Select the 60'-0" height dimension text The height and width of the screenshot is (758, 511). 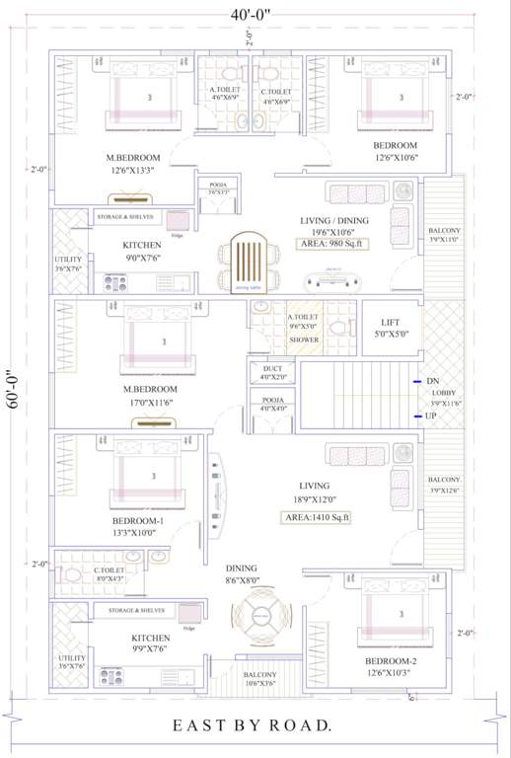click(13, 388)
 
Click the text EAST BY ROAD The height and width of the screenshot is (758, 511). click(252, 725)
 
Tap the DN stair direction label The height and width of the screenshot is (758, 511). click(432, 381)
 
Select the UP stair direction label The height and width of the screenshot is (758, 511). click(431, 417)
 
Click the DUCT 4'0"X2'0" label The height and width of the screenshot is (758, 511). click(272, 372)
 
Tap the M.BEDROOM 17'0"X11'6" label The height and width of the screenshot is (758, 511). click(149, 396)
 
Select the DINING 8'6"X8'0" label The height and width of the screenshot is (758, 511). click(242, 574)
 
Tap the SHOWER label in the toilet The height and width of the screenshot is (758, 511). click(303, 340)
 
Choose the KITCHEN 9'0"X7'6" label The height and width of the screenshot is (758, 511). click(143, 251)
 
